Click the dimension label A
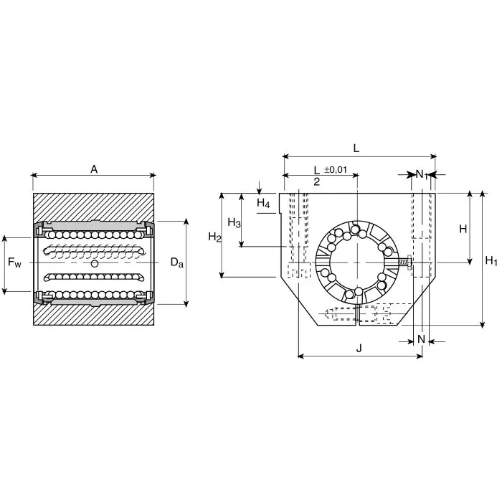(x=93, y=169)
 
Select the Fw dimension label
(x=15, y=263)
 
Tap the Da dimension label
(x=177, y=263)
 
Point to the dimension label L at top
(x=356, y=147)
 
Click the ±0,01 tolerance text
(x=336, y=169)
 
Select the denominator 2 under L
(x=316, y=182)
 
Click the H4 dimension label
(x=263, y=204)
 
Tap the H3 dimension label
(x=234, y=222)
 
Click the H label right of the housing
(x=463, y=229)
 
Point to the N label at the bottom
(x=421, y=338)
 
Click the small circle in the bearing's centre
(x=95, y=264)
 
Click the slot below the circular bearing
(x=356, y=314)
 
